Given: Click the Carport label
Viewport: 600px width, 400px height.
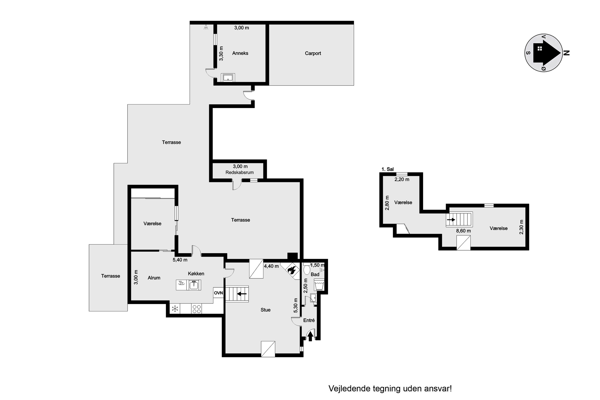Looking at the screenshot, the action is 313,53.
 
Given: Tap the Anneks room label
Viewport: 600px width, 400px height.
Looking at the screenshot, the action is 240,53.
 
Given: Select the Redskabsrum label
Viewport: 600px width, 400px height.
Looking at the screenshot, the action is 240,172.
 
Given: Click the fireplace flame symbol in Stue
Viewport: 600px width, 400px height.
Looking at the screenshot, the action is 291,270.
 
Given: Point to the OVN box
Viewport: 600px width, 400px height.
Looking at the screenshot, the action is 218,293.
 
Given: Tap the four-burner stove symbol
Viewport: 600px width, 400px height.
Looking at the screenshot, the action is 196,309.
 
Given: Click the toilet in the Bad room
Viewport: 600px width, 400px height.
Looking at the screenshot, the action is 307,269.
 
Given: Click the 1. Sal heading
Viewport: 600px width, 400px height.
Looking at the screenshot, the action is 388,169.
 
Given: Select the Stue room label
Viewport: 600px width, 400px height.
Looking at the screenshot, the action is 266,310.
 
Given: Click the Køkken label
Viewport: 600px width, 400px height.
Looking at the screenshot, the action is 196,273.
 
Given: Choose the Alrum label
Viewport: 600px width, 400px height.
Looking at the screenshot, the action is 154,278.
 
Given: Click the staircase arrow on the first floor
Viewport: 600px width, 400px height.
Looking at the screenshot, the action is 451,219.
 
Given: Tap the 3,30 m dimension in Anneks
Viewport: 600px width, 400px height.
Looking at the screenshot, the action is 221,54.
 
